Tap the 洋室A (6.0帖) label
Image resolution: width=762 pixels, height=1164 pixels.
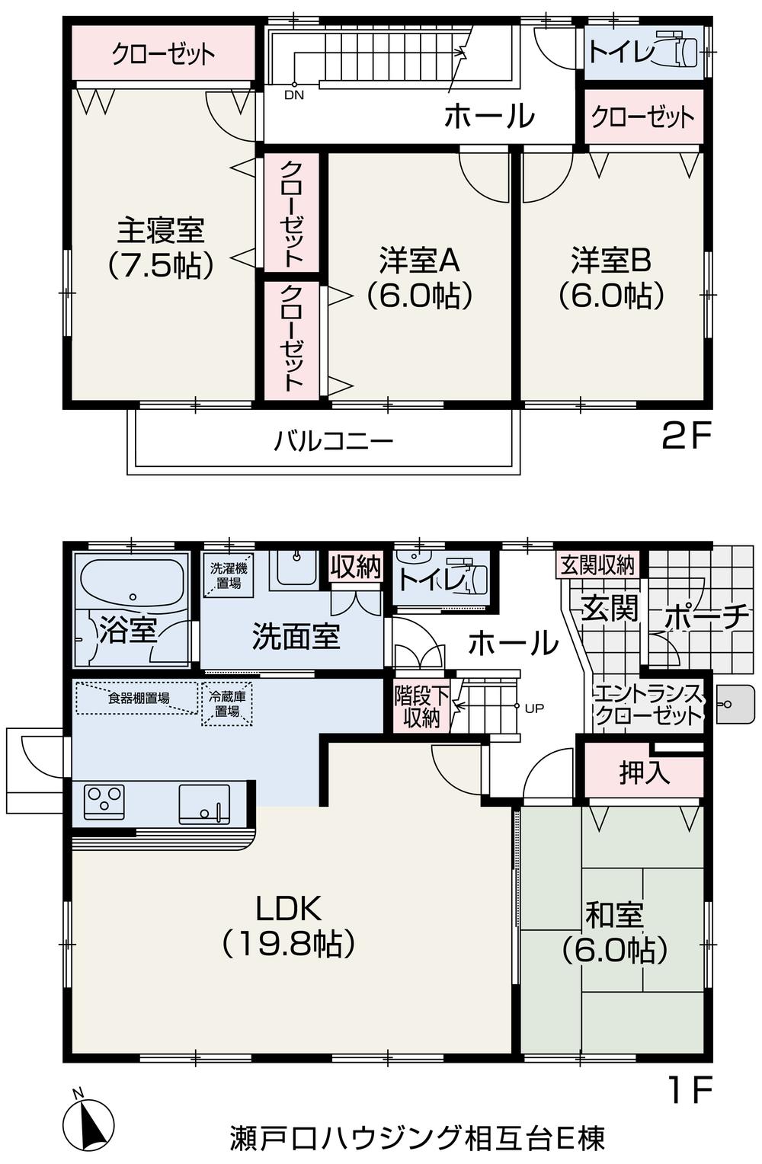click(419, 277)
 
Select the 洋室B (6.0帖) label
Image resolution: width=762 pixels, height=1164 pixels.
click(611, 277)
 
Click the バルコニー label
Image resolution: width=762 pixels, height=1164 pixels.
click(334, 441)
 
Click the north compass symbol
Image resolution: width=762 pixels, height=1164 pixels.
click(90, 1123)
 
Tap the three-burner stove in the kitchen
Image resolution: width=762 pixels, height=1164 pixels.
click(105, 801)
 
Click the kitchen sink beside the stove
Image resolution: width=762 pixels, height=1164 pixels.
click(203, 804)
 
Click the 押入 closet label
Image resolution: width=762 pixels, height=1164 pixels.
click(645, 772)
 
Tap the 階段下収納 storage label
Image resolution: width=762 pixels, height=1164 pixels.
click(421, 706)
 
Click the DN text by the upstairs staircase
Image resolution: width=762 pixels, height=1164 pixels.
click(293, 95)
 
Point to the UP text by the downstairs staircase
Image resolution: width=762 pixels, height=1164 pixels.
click(534, 708)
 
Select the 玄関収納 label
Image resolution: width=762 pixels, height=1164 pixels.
click(597, 564)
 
